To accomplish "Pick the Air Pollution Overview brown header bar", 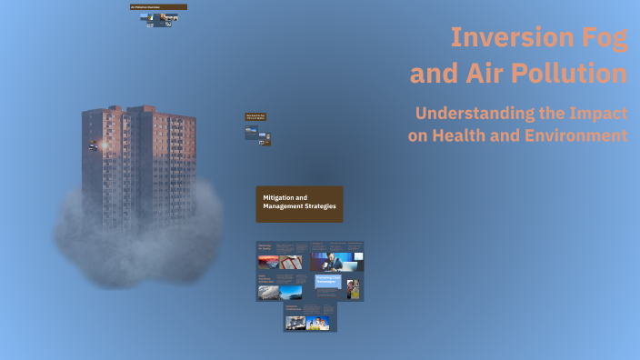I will tap(158, 6).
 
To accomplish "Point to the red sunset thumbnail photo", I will tap(268, 262).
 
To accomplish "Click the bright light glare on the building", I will tap(103, 145).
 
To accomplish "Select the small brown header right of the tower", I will tap(256, 116).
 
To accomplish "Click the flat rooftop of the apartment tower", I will tap(136, 109).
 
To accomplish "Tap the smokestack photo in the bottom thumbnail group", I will tap(295, 323).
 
